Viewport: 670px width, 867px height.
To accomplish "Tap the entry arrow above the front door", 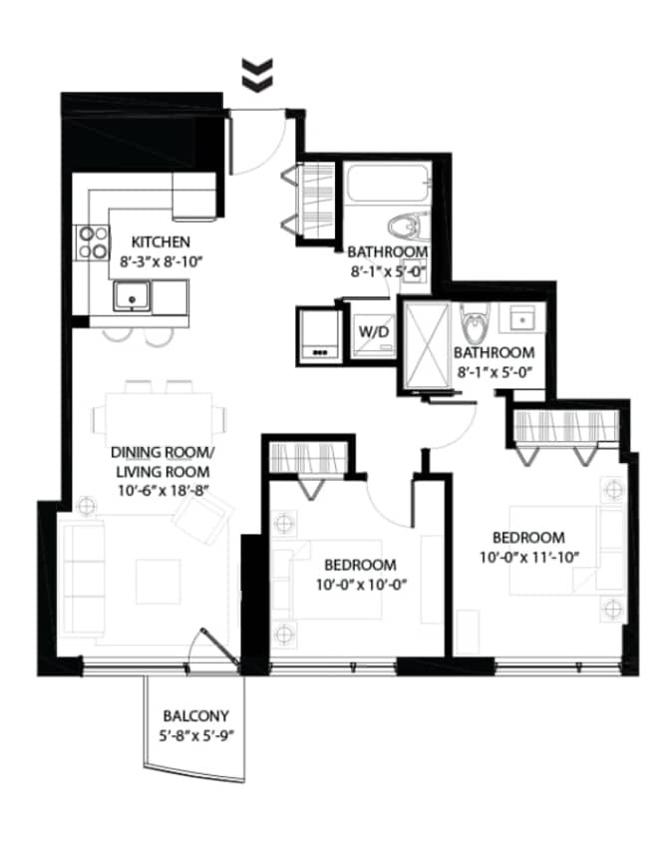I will [x=257, y=75].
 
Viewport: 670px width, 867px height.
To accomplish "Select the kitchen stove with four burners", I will [x=93, y=241].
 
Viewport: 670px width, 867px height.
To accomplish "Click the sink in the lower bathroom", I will [x=520, y=316].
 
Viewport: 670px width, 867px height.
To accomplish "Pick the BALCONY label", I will [x=196, y=715].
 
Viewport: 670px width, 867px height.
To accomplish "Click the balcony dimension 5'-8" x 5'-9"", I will [x=196, y=737].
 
